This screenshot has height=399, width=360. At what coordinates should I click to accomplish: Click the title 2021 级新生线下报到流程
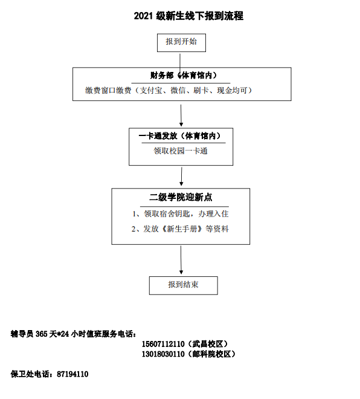188,16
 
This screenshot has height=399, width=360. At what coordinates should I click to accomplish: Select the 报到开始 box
181,43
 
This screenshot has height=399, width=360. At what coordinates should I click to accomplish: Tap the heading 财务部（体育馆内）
183,76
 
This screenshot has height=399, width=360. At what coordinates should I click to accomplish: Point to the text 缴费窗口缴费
108,90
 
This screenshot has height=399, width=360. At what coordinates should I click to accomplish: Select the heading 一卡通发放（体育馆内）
179,136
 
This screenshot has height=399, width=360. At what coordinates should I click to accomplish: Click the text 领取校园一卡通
181,151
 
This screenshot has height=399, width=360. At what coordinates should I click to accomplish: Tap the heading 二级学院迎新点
181,197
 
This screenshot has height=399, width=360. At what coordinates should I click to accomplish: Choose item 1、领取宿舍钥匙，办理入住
180,214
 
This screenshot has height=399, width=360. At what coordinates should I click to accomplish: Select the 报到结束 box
183,285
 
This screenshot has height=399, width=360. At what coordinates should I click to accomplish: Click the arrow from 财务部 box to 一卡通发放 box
181,115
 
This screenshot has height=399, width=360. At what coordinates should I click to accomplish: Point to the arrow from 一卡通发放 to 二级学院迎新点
181,177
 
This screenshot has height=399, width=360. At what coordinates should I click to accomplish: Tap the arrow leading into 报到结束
181,260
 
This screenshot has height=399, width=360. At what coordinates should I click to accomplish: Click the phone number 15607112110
163,344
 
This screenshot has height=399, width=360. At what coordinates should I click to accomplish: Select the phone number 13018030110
163,354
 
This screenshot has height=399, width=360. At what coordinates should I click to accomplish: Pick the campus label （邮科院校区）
211,354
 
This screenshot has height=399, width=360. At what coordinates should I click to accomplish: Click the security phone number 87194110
72,374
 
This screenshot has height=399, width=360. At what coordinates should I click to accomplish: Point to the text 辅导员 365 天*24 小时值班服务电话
73,334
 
